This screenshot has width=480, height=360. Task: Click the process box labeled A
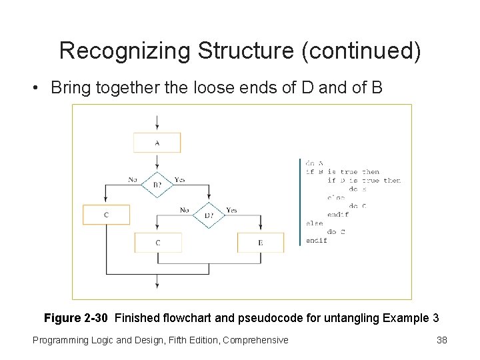157,143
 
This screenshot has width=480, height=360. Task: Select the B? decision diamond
157,185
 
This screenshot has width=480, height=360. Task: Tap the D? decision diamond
208,215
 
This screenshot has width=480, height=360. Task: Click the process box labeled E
260,243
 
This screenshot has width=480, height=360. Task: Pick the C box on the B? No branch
107,215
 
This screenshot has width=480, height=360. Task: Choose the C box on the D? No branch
157,243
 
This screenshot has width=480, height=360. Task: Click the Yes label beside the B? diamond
179,179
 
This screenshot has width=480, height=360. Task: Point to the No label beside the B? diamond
133,179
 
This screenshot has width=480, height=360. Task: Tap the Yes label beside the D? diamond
231,210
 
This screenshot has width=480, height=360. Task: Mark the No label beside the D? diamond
185,210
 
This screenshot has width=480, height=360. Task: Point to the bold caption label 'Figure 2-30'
76,317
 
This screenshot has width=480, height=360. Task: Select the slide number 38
441,340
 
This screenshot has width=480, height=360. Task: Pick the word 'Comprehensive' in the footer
256,340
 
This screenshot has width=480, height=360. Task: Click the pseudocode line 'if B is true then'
342,172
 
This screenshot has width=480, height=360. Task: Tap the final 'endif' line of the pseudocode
317,240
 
